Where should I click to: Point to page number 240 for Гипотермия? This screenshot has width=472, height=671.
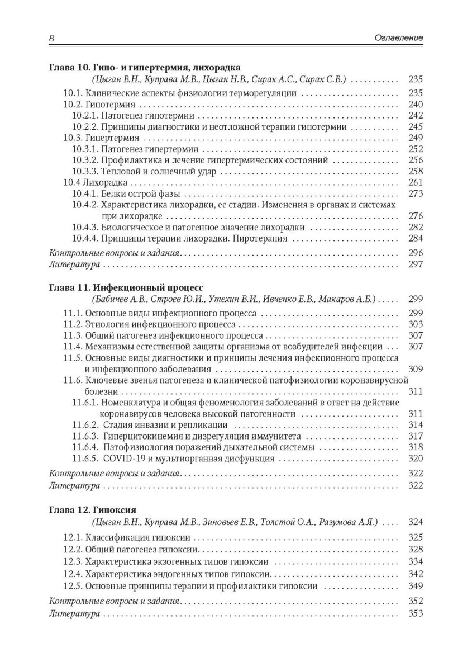[416, 105]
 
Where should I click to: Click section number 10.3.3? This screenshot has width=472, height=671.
[85, 172]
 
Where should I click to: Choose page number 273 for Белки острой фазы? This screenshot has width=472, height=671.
[416, 194]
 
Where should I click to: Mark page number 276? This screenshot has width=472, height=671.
[416, 216]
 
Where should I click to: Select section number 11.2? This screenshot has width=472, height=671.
[73, 324]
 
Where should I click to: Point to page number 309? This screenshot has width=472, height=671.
[416, 369]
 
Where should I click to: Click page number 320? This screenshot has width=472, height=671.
[416, 459]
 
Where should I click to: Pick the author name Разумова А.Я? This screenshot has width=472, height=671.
[351, 522]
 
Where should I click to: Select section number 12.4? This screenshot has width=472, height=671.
[73, 574]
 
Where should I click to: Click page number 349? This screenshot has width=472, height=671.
[416, 586]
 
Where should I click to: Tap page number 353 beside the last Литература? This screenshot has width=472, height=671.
[416, 613]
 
